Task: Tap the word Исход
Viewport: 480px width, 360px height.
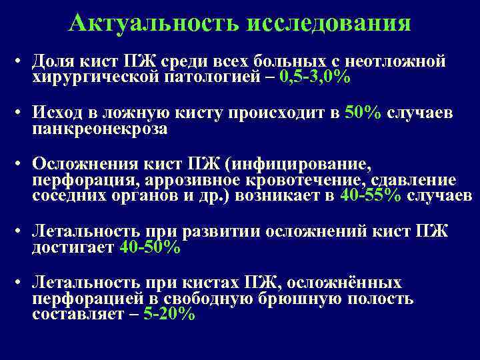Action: click(x=57, y=113)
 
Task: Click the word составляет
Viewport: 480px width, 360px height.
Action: click(x=77, y=314)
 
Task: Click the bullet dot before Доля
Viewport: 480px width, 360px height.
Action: click(x=21, y=63)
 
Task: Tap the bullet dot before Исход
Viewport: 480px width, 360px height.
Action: click(x=21, y=113)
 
